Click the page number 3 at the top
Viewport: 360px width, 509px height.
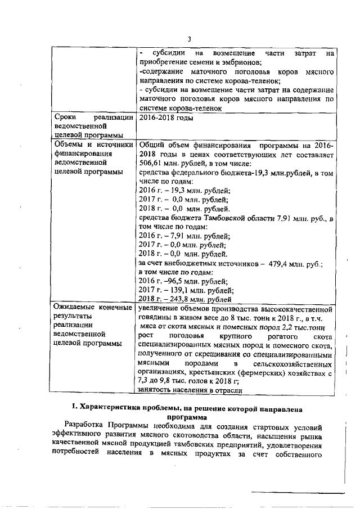(189, 38)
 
